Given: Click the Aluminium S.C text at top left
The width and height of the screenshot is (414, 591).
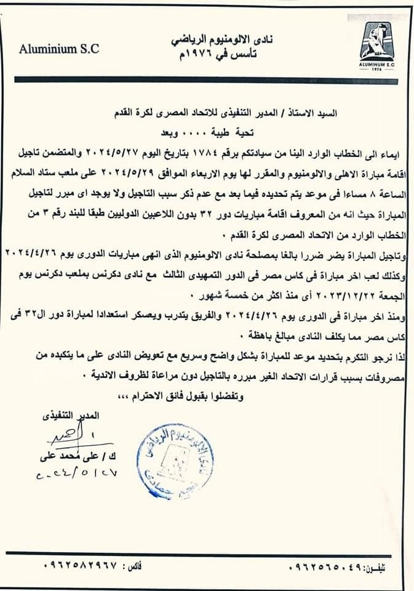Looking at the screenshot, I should (59, 49).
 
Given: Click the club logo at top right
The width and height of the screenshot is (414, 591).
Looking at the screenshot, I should (376, 46).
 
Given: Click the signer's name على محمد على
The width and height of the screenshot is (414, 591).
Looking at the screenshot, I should (68, 457).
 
